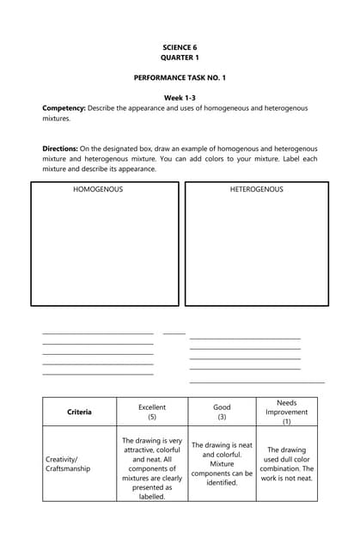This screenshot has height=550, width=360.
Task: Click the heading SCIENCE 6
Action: [x=180, y=47]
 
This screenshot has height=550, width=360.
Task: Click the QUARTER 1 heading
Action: [x=180, y=58]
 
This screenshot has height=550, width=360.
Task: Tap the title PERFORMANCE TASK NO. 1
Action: [x=180, y=78]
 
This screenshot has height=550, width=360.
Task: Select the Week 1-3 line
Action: [x=180, y=98]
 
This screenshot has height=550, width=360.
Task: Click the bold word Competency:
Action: [x=64, y=108]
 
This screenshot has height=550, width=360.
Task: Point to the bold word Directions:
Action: [x=60, y=149]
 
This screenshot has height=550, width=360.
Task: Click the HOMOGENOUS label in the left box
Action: [x=98, y=189]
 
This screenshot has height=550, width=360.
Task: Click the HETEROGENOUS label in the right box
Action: [x=256, y=189]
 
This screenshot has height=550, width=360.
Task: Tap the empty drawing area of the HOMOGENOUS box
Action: [x=105, y=249]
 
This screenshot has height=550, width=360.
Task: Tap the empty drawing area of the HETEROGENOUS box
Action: [x=256, y=249]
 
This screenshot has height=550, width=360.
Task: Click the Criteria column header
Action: [x=79, y=412]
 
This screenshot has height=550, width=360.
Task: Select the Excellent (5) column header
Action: [x=152, y=412]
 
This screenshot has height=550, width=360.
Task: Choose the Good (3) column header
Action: [x=222, y=412]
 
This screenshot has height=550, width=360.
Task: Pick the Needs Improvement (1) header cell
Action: [x=286, y=412]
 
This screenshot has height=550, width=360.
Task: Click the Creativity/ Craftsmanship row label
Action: [x=68, y=464]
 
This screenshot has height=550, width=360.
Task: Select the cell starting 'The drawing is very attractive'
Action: [x=152, y=468]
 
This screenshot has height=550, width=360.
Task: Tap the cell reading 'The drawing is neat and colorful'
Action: [x=222, y=464]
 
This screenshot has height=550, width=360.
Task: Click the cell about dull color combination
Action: [x=286, y=463]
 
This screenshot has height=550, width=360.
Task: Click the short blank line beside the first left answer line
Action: [x=174, y=333]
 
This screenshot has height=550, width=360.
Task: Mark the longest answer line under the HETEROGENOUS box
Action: [x=257, y=382]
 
